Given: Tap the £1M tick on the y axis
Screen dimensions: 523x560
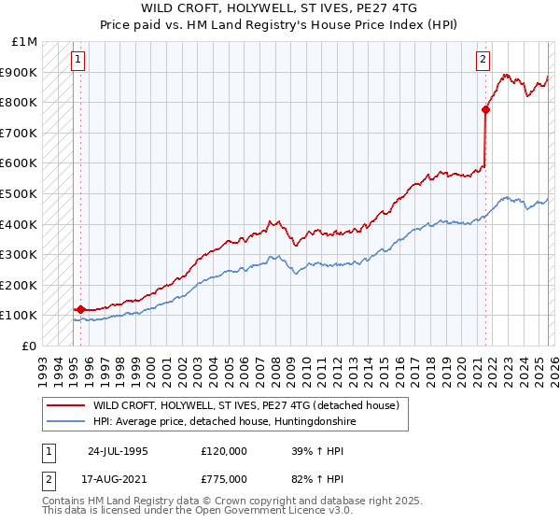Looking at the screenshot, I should tap(24, 42).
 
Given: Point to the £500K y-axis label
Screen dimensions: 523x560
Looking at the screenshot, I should tap(20, 193).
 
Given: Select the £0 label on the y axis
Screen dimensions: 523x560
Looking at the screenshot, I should tap(30, 346).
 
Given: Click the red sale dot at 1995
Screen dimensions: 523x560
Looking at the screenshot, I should tap(81, 309).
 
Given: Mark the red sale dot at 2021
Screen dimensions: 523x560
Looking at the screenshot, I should tap(485, 110).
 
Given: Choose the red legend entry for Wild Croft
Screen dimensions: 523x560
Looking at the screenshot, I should tap(245, 405).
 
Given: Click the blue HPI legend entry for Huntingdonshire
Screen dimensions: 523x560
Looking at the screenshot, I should tap(224, 421).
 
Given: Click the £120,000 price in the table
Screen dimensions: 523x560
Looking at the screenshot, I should tap(224, 450).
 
